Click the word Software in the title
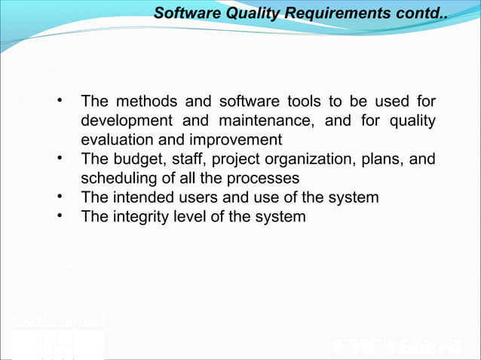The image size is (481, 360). pos(180,14)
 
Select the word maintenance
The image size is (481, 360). pos(265,121)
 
